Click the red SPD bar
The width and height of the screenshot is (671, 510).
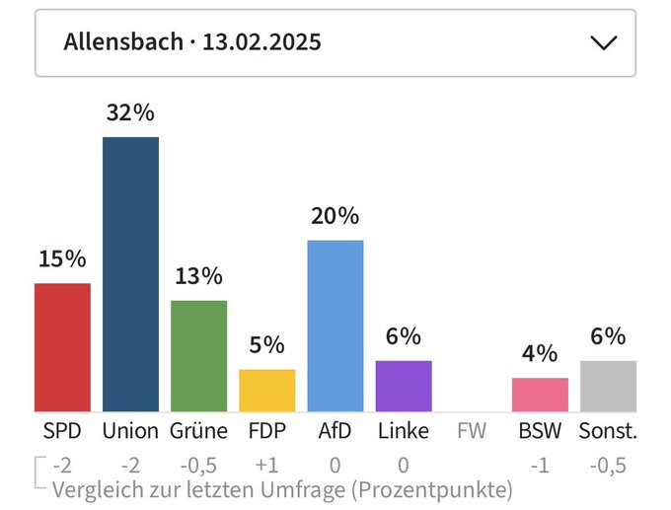click(62, 347)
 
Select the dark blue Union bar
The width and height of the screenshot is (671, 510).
click(130, 274)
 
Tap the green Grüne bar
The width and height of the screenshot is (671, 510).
click(198, 356)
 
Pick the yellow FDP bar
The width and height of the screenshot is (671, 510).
click(266, 391)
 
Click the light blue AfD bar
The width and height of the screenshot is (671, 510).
click(335, 326)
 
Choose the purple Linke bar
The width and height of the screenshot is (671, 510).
click(403, 386)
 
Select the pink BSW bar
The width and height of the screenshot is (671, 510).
click(540, 395)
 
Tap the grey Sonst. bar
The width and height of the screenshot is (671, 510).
click(608, 386)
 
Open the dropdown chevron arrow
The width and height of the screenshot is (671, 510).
click(602, 42)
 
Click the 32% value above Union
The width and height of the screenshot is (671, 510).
click(130, 113)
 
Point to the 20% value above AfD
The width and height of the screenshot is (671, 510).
click(335, 216)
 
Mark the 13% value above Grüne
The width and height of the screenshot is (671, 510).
click(198, 276)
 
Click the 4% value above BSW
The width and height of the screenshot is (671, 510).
click(540, 354)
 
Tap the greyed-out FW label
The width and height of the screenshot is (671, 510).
click(471, 431)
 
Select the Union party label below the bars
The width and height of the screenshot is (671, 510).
click(130, 431)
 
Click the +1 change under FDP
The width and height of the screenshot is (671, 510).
click(266, 464)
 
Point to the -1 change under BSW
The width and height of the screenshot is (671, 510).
click(540, 464)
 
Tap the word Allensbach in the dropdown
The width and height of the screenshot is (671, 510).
click(123, 42)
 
